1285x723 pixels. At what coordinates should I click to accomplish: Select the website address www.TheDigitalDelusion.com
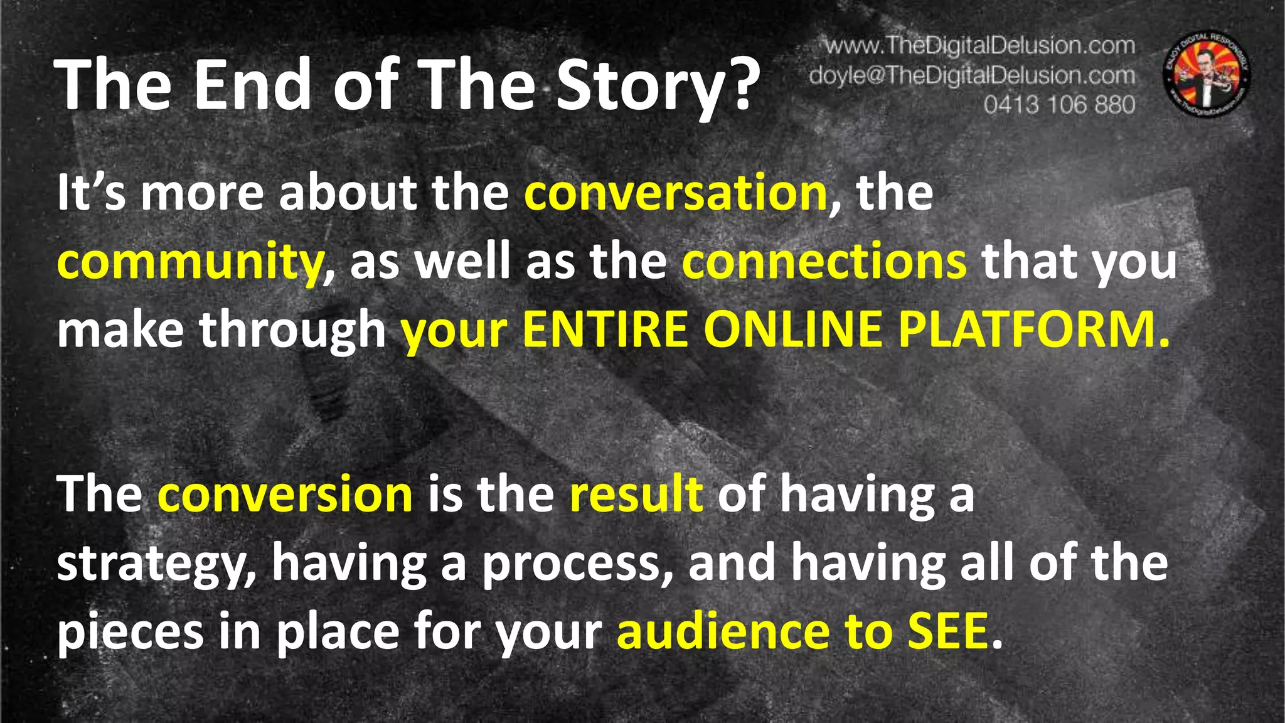pyautogui.click(x=979, y=46)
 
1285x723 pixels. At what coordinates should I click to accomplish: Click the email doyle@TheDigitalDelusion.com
pyautogui.click(x=972, y=75)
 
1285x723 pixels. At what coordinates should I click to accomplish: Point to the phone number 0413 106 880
pyautogui.click(x=1059, y=104)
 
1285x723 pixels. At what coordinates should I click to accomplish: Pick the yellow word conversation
pyautogui.click(x=676, y=193)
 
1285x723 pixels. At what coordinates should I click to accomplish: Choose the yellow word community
pyautogui.click(x=189, y=263)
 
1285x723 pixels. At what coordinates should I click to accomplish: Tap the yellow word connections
pyautogui.click(x=824, y=262)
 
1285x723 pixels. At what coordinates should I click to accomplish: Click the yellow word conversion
pyautogui.click(x=285, y=495)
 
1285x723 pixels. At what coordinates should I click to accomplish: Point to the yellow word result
pyautogui.click(x=636, y=495)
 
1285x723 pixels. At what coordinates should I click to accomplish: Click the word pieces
pyautogui.click(x=131, y=633)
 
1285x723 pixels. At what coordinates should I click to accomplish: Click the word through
pyautogui.click(x=292, y=331)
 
